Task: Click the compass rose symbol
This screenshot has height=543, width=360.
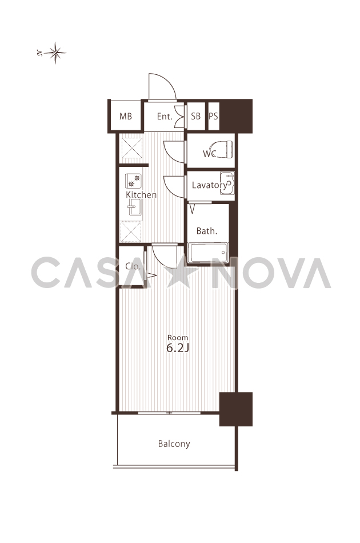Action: click(x=55, y=53)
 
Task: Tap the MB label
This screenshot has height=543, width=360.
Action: click(x=126, y=117)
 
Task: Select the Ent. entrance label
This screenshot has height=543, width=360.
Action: click(x=165, y=117)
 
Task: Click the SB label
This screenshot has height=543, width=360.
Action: click(x=195, y=116)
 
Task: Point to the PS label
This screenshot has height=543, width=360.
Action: click(x=214, y=116)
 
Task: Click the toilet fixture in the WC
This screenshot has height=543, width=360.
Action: click(x=225, y=149)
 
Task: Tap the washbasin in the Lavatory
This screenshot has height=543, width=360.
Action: click(x=227, y=182)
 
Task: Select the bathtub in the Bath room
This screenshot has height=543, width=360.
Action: click(x=208, y=252)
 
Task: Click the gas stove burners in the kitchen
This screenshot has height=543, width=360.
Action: click(x=133, y=181)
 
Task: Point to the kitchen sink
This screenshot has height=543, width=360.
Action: click(x=135, y=207)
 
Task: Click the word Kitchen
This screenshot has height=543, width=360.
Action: click(x=141, y=194)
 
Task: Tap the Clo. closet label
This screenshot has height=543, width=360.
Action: click(x=133, y=266)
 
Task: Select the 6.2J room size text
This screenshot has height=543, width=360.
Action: click(x=178, y=348)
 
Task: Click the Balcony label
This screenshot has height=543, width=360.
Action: click(x=174, y=444)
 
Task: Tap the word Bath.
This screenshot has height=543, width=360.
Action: click(x=207, y=231)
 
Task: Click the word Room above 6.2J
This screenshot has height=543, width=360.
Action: click(x=178, y=337)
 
